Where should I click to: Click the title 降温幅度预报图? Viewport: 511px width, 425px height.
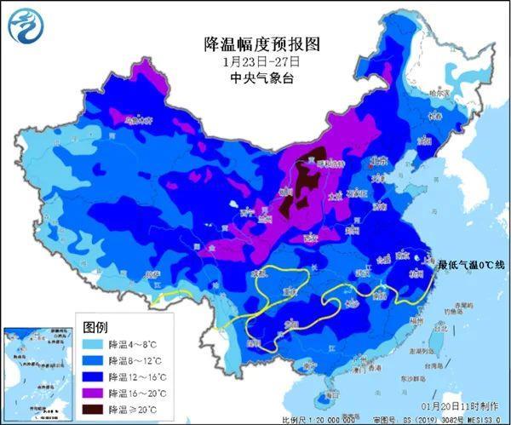tap(255, 43)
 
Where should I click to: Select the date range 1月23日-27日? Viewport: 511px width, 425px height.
tap(255, 61)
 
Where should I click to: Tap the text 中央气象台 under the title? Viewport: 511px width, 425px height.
tap(255, 78)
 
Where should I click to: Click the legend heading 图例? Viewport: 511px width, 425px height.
tap(95, 328)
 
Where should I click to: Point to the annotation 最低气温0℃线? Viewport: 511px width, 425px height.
tap(471, 265)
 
